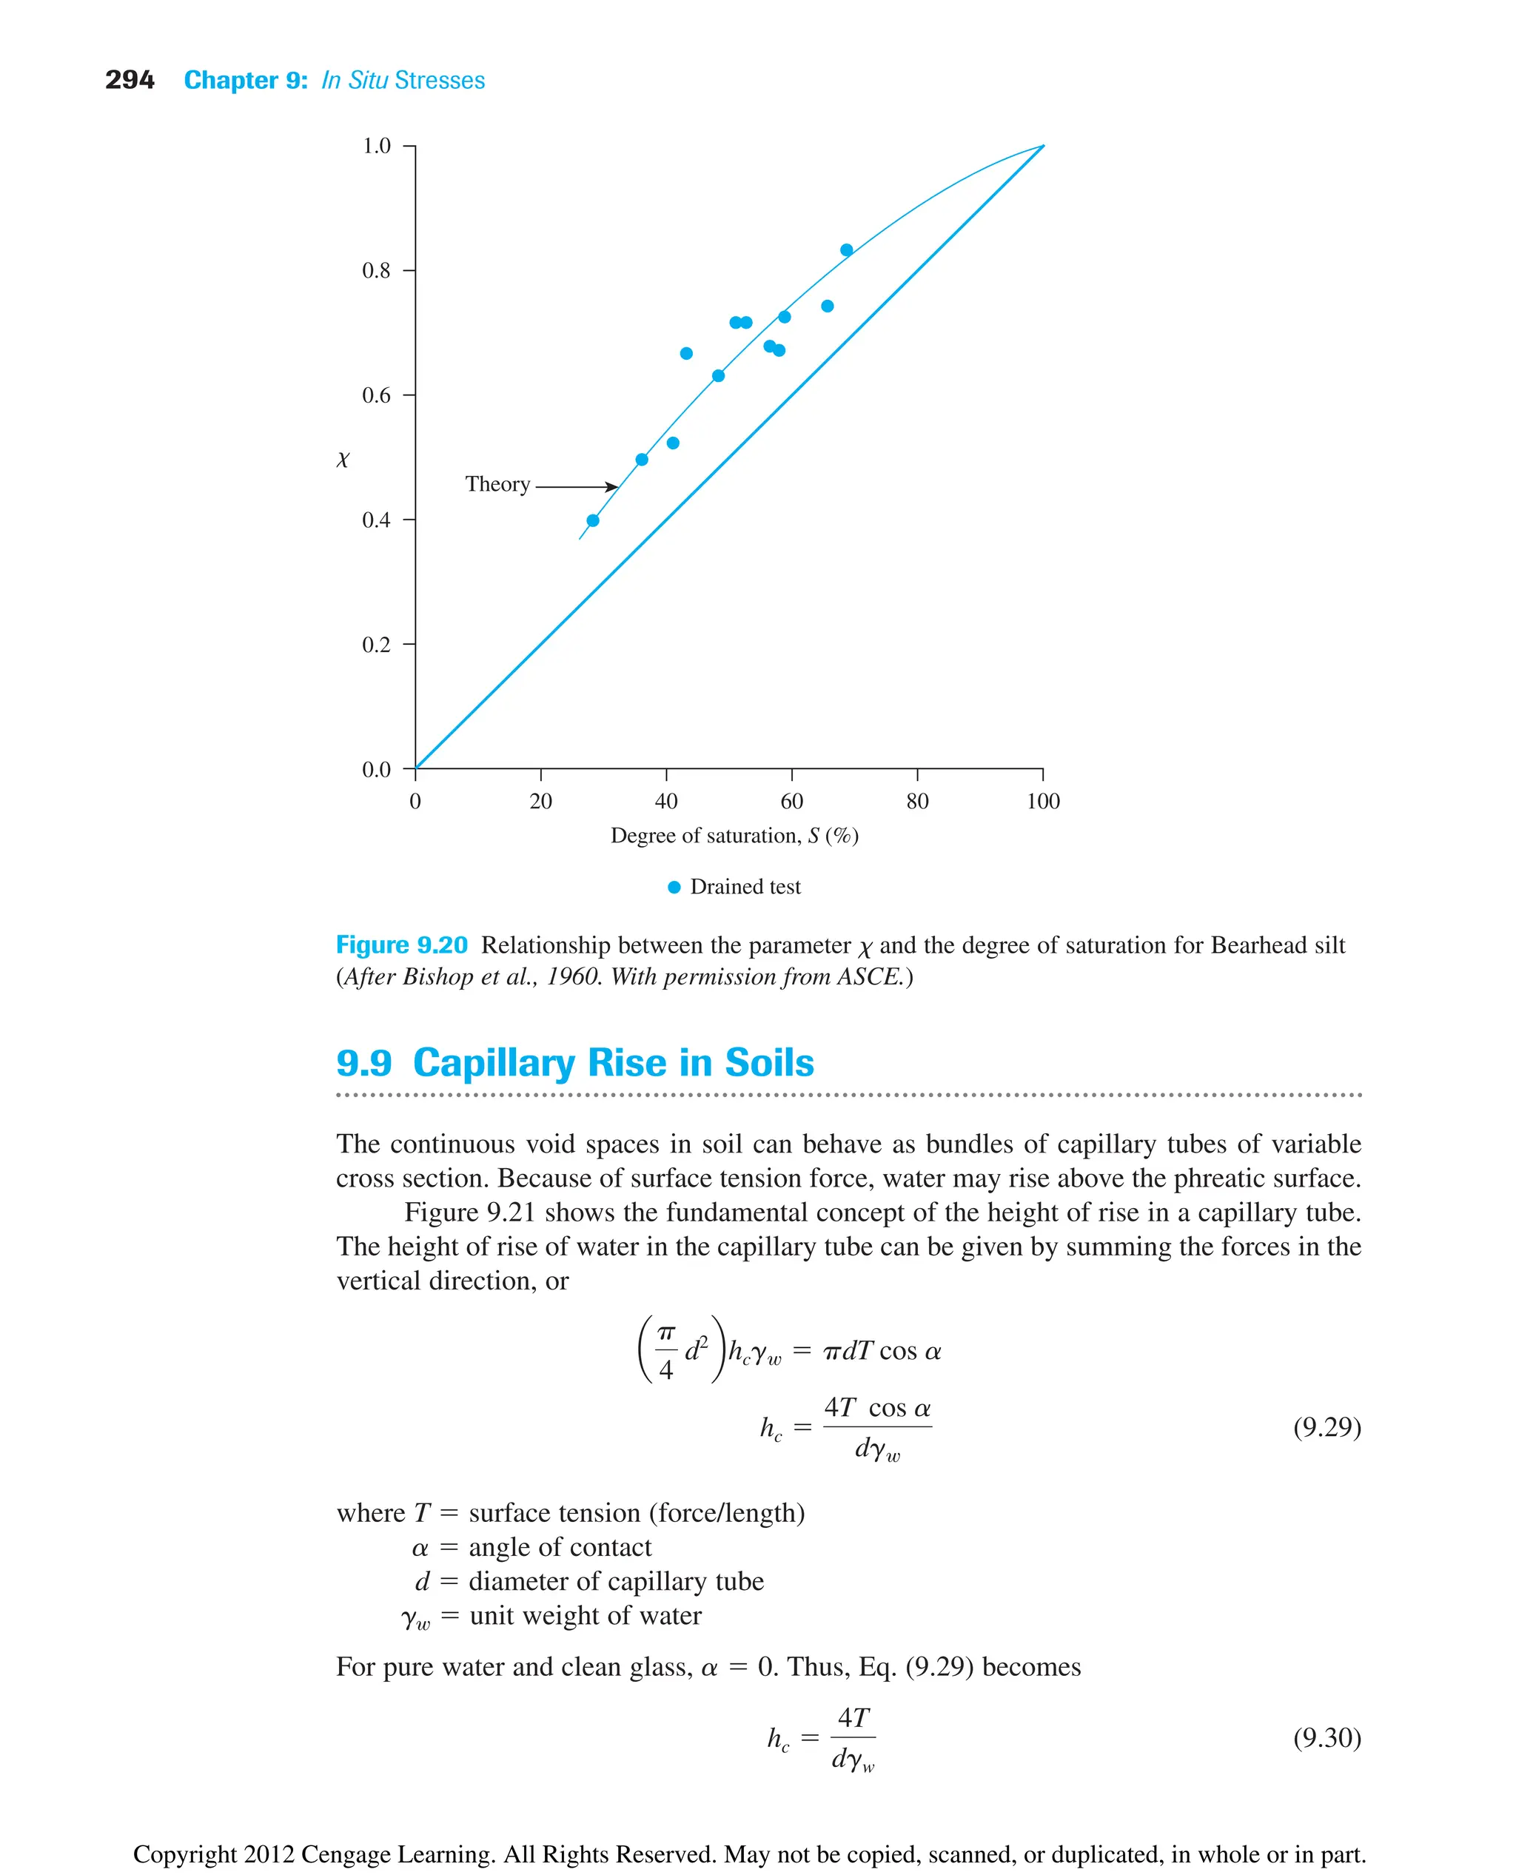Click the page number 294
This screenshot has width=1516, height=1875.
coord(130,81)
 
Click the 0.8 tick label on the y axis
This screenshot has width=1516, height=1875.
coord(376,271)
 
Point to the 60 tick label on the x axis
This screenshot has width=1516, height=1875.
coord(791,802)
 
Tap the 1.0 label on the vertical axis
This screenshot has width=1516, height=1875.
coord(376,146)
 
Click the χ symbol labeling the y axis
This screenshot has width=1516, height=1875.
coord(342,460)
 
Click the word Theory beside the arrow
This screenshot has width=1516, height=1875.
coord(497,485)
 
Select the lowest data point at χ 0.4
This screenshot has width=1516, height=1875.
coord(593,520)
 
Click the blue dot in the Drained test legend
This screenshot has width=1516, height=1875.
coord(674,888)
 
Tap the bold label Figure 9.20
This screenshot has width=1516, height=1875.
coord(402,945)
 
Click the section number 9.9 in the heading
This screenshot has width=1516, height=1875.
coord(363,1063)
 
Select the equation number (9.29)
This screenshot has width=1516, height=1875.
coord(1326,1427)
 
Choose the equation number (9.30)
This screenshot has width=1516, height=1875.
coord(1326,1738)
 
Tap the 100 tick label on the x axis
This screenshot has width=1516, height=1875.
coord(1043,802)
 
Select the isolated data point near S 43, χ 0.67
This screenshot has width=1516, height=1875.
coord(686,354)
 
